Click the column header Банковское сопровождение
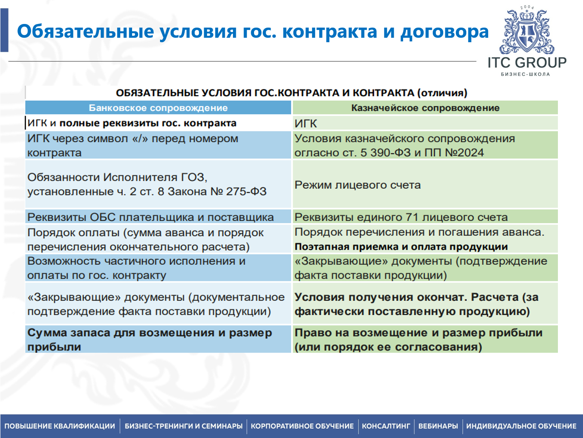[x=158, y=108]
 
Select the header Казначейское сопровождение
[x=425, y=108]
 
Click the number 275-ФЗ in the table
[x=246, y=192]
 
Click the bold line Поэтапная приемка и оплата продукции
[x=401, y=247]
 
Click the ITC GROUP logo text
[x=527, y=63]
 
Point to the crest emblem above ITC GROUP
[x=527, y=32]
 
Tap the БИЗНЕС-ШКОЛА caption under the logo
[x=525, y=74]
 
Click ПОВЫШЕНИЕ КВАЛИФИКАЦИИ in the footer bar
[x=60, y=426]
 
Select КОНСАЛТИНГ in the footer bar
[x=386, y=426]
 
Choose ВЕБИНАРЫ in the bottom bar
[x=438, y=426]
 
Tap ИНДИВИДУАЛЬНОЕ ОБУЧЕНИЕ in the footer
[x=521, y=426]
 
